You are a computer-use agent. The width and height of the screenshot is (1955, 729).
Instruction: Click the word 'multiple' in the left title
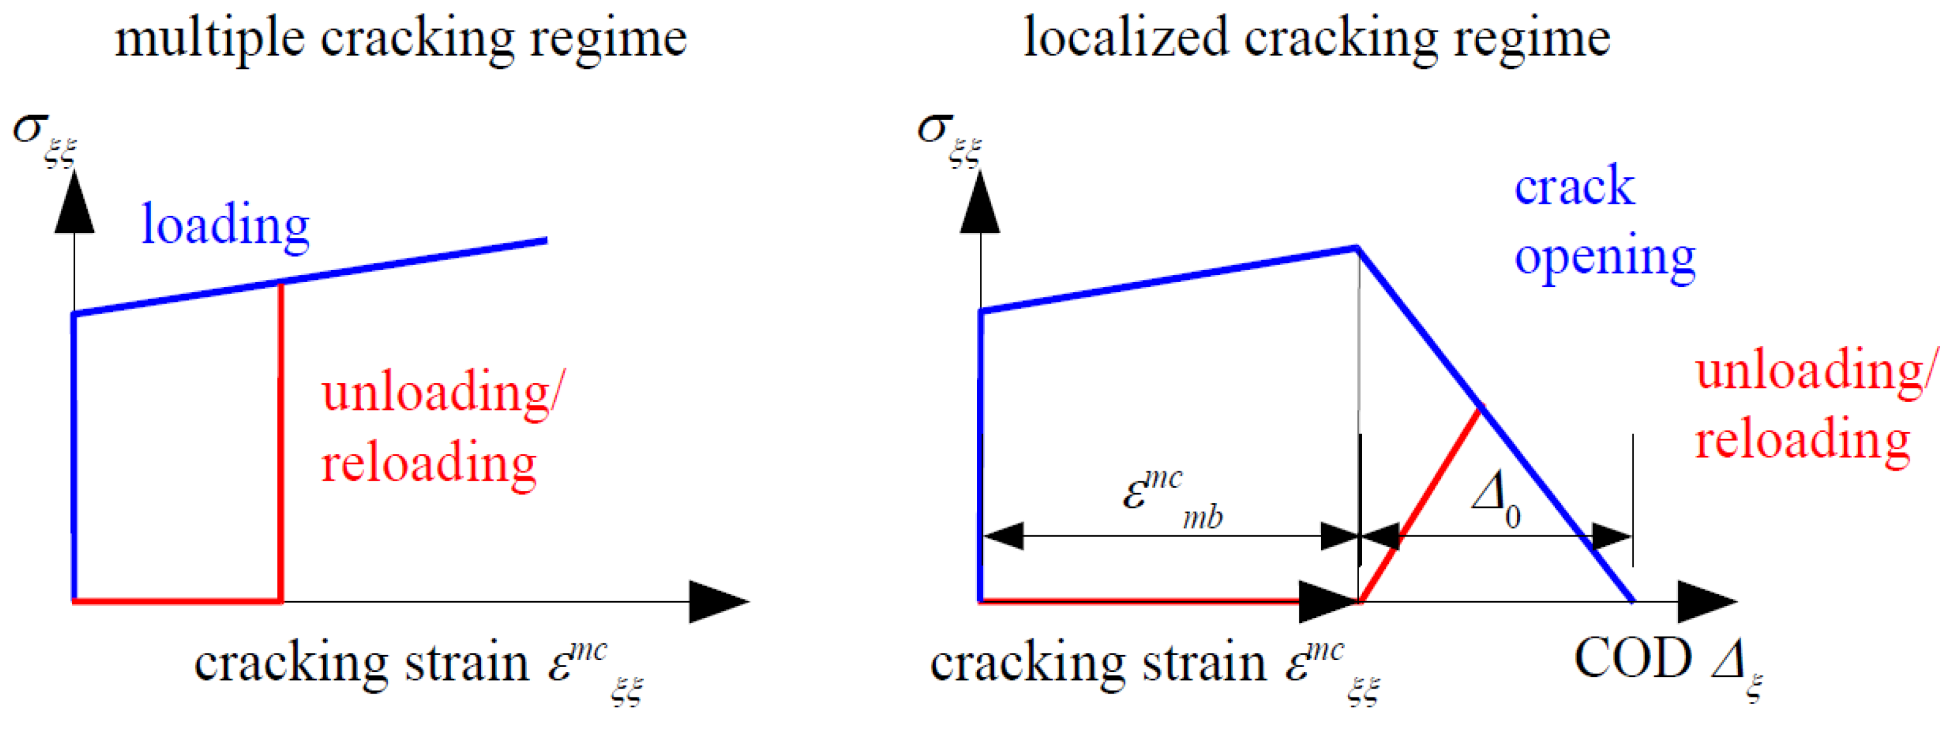(x=209, y=40)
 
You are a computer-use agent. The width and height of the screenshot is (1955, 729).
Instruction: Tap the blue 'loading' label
(x=226, y=225)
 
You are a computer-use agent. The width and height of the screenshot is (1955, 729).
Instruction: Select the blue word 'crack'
(x=1574, y=188)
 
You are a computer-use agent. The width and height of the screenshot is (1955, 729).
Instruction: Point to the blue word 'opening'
(x=1605, y=258)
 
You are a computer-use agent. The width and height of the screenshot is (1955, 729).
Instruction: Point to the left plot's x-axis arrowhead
(x=717, y=602)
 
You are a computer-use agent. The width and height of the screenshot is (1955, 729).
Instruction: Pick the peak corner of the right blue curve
(x=1357, y=247)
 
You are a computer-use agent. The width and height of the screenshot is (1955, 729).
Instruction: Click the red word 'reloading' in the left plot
(x=429, y=463)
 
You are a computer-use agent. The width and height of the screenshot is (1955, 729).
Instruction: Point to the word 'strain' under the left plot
(x=466, y=664)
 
